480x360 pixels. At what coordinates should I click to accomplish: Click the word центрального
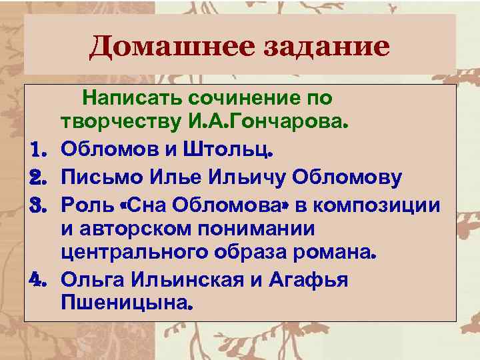[133, 253]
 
